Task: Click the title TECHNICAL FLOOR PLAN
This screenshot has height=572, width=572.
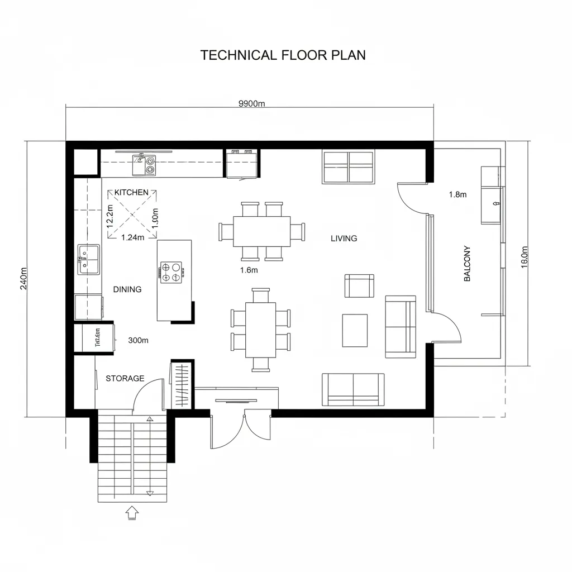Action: (283, 55)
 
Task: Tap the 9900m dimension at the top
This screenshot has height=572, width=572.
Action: (251, 103)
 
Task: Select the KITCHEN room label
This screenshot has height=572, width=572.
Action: (131, 192)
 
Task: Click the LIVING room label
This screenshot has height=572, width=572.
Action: (344, 239)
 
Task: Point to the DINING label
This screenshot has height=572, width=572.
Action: (127, 289)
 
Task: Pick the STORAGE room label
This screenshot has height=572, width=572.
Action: (125, 378)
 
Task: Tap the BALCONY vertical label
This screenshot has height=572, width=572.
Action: (468, 263)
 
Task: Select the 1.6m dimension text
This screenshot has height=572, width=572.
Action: (249, 270)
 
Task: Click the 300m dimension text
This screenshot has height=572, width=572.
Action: (138, 340)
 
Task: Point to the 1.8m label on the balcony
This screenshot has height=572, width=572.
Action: (457, 194)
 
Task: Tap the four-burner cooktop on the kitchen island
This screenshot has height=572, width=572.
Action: (171, 272)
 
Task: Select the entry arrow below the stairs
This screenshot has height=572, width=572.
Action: (132, 512)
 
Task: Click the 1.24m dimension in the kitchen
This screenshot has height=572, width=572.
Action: (133, 237)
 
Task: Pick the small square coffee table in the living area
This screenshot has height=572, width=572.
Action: (355, 330)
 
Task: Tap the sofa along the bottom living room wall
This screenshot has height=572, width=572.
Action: (353, 389)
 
